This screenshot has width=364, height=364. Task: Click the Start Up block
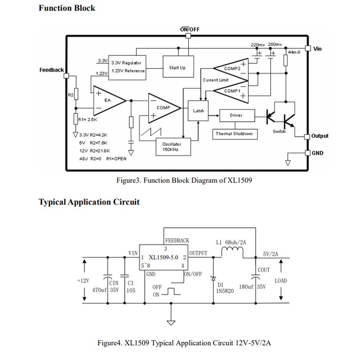[177, 68]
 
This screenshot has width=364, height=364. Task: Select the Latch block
[199, 110]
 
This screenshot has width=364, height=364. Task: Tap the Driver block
[236, 115]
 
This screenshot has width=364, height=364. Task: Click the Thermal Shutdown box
[235, 134]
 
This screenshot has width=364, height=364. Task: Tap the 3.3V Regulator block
[126, 66]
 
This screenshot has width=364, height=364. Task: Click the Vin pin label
[317, 49]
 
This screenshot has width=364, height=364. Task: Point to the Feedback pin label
[52, 70]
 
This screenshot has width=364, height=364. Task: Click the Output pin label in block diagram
[320, 136]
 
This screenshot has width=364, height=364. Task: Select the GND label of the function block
[317, 153]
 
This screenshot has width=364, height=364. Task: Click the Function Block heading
[67, 8]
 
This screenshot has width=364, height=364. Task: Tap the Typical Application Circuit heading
[88, 202]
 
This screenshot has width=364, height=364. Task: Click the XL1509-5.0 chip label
[164, 257]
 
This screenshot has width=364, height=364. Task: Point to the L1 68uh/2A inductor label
[231, 242]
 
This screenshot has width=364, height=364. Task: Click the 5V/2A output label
[270, 254]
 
